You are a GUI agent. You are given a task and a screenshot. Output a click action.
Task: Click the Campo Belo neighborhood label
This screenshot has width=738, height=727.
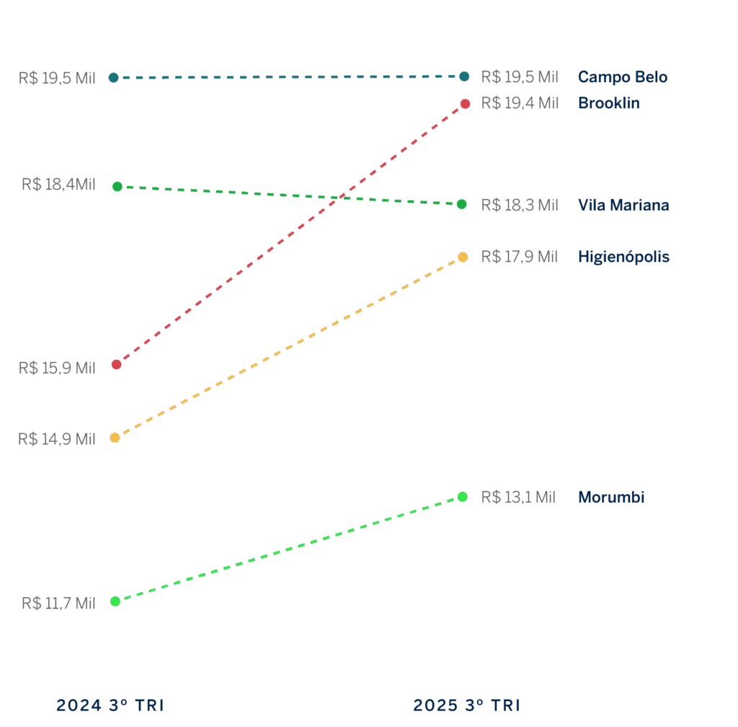click(x=623, y=77)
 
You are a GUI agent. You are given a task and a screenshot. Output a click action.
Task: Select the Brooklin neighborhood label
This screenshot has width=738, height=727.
click(x=609, y=103)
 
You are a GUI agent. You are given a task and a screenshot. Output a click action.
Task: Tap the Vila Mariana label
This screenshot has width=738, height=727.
click(x=623, y=205)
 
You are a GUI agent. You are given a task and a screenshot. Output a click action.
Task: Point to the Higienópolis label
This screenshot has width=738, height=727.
click(x=623, y=257)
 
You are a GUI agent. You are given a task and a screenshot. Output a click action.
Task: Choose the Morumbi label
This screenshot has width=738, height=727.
click(x=611, y=497)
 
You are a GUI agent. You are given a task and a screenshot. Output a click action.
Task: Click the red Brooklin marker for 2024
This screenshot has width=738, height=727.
click(x=117, y=364)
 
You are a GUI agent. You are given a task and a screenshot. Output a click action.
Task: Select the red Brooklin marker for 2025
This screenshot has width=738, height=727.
click(x=466, y=104)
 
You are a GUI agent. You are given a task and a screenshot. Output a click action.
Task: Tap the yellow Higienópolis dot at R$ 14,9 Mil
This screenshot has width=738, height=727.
click(x=115, y=437)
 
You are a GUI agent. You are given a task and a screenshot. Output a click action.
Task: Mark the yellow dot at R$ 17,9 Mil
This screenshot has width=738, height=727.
click(x=463, y=257)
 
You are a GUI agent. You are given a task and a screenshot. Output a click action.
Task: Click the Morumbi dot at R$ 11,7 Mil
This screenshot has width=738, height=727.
click(x=115, y=601)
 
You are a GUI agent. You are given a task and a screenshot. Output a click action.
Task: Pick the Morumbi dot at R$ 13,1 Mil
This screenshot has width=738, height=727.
click(x=463, y=496)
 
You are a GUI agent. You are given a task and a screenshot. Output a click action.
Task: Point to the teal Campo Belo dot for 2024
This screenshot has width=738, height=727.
click(x=114, y=77)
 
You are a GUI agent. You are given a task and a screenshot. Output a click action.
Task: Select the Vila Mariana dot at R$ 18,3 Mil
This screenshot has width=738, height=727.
click(x=462, y=204)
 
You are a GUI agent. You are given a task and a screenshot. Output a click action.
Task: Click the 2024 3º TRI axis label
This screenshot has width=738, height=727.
click(x=110, y=705)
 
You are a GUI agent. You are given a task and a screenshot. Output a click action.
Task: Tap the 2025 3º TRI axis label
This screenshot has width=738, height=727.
click(x=466, y=705)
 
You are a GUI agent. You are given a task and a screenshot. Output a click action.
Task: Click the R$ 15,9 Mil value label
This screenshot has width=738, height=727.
click(x=57, y=368)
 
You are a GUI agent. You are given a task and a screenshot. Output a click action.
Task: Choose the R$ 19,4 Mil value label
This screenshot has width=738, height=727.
click(x=520, y=103)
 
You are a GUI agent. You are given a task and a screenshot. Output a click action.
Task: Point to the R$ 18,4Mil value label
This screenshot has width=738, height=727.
click(x=58, y=185)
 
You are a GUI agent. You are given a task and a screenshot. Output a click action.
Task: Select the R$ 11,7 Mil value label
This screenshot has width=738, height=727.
click(x=58, y=603)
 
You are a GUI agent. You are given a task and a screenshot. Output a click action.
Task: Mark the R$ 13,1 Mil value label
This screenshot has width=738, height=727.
click(x=518, y=497)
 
